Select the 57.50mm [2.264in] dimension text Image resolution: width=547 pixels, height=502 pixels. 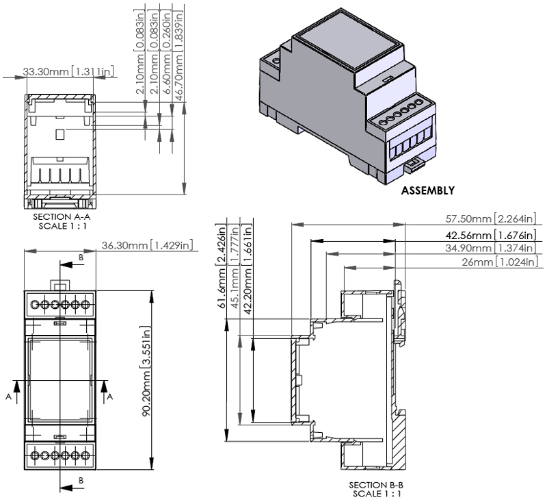click(493, 219)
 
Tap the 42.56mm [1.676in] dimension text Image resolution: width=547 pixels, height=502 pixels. click(493, 234)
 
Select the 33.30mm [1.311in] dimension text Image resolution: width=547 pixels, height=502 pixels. click(68, 71)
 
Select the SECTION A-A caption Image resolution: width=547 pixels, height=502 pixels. click(62, 216)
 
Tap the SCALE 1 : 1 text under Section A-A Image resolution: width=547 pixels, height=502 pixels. click(62, 224)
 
